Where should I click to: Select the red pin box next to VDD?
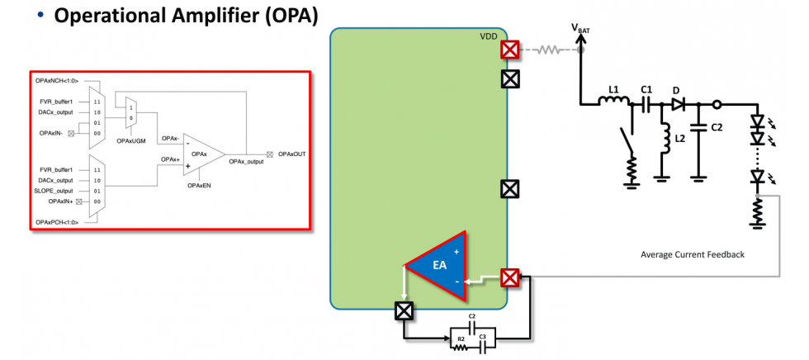[x=510, y=50]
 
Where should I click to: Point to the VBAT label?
[x=580, y=28]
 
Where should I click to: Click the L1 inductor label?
[x=613, y=89]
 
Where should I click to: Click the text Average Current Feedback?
[x=692, y=254]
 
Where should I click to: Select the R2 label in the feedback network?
[x=461, y=339]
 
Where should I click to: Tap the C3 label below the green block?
[x=482, y=339]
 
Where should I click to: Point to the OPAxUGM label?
[x=130, y=141]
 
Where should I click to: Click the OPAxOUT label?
[x=293, y=154]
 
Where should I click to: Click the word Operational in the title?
[x=106, y=17]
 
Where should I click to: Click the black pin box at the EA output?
[x=403, y=311]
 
